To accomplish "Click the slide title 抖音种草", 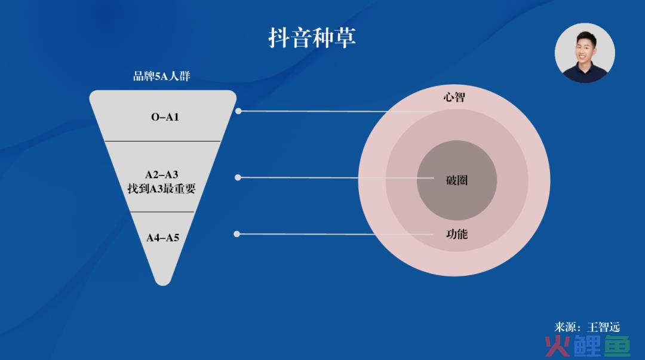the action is (x=312, y=38).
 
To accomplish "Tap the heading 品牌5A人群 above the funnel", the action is (x=162, y=76).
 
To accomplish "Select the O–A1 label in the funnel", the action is (x=165, y=117).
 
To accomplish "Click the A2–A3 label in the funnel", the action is (x=162, y=174).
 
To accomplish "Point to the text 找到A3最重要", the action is (x=161, y=189).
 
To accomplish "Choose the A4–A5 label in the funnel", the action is (x=163, y=238).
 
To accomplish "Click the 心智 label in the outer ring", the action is (x=454, y=97).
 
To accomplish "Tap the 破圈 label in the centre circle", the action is (x=457, y=180).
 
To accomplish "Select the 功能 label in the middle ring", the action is (x=457, y=234).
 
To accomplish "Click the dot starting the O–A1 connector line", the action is (x=238, y=111).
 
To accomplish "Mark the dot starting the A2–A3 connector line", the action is (x=238, y=177).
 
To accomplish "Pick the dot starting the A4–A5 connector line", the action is (x=236, y=234).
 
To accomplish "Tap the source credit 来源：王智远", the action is (x=587, y=327).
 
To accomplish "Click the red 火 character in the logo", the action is (x=558, y=346).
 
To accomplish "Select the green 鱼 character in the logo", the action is (x=617, y=346).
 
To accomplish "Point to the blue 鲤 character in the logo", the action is (x=588, y=346).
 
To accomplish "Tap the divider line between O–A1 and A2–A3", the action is (x=163, y=141).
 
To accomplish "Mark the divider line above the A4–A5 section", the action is (x=162, y=212).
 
